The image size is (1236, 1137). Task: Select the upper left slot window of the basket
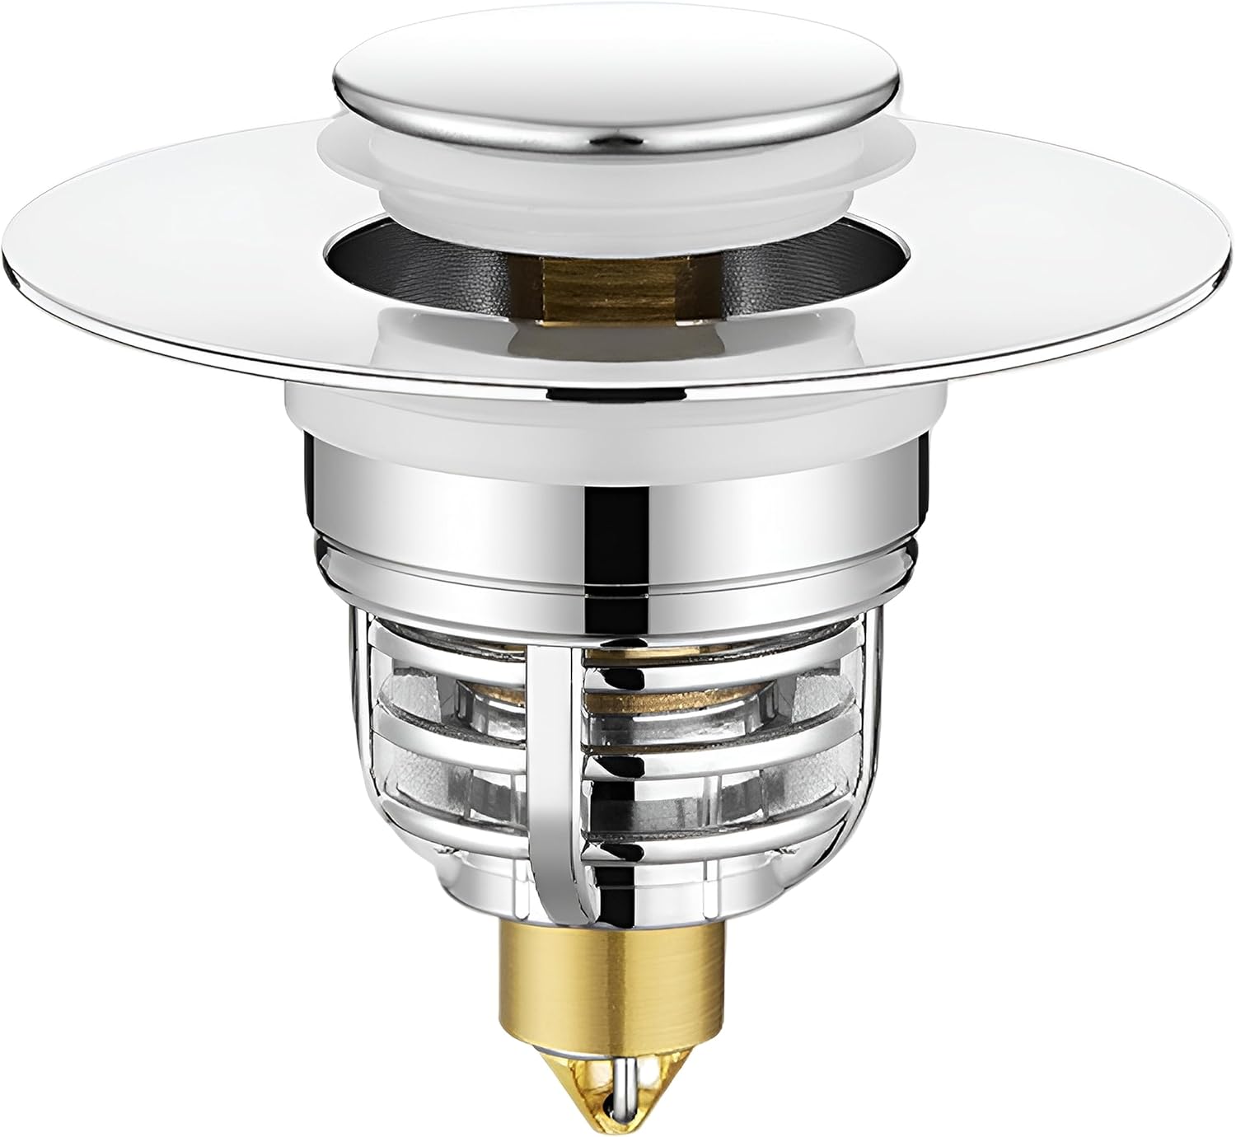[x=445, y=684]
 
